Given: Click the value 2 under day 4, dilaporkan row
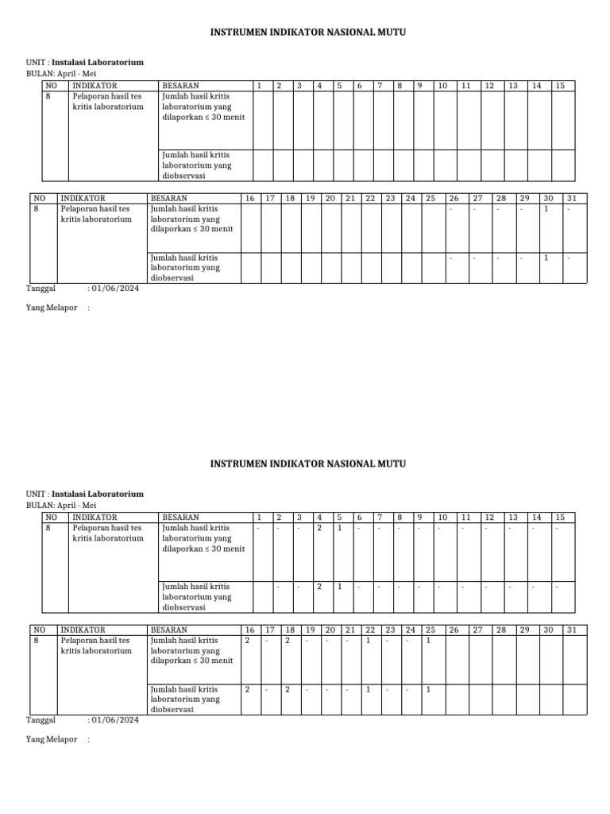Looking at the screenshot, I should pos(319,527).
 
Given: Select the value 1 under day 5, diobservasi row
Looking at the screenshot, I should pos(339,587).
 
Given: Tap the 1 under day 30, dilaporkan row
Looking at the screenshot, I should pos(546,209).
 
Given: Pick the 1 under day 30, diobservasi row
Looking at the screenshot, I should pos(546,258).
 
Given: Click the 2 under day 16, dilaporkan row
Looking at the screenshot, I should pos(247,640).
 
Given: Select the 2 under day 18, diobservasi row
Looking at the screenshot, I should pos(287,689).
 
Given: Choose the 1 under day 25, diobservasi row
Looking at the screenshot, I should pos(427,689).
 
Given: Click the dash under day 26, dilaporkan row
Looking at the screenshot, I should pos(450,210).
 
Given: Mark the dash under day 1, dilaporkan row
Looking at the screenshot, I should pos(257,528).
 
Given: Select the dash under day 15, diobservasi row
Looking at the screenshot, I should pos(558,587).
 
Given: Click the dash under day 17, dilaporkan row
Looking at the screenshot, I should pos(267,641).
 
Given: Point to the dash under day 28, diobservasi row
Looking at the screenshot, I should pos(498,258).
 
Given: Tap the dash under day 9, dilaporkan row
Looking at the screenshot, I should pos(419,528).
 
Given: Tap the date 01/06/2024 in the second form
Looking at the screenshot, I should pos(115,720).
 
